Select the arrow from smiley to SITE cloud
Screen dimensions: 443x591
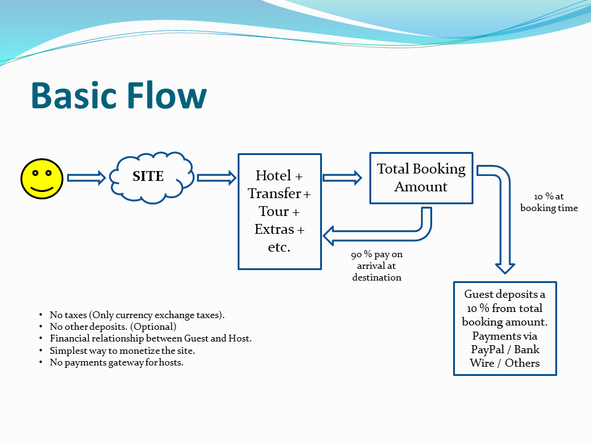(86, 178)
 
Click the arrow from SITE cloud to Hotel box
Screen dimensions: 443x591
(216, 178)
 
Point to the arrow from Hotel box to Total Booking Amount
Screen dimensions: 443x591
(342, 178)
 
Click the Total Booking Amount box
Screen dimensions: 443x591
(421, 178)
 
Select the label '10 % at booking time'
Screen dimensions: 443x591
(549, 202)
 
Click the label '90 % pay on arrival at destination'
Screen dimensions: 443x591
(377, 266)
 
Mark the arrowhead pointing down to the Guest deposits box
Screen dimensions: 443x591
(505, 266)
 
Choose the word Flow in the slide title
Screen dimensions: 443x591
(167, 97)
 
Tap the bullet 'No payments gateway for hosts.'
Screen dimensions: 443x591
(116, 362)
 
